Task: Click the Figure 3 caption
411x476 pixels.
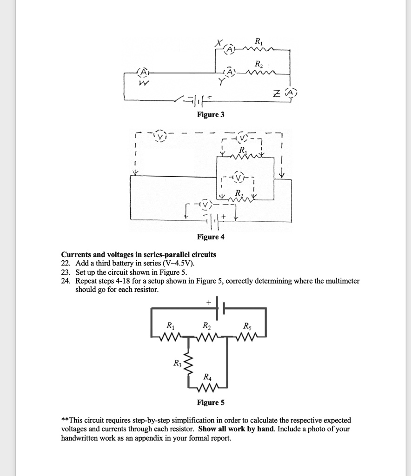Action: point(211,115)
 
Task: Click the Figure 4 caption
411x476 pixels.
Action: point(211,237)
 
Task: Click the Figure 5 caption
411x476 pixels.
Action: point(211,402)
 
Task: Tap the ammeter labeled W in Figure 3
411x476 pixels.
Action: point(143,73)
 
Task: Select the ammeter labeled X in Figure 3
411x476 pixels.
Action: point(229,49)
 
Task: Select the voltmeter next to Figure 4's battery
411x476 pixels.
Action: point(205,205)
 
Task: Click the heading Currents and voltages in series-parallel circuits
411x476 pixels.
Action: point(139,254)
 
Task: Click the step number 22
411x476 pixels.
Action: point(66,263)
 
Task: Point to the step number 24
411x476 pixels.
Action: point(66,281)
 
